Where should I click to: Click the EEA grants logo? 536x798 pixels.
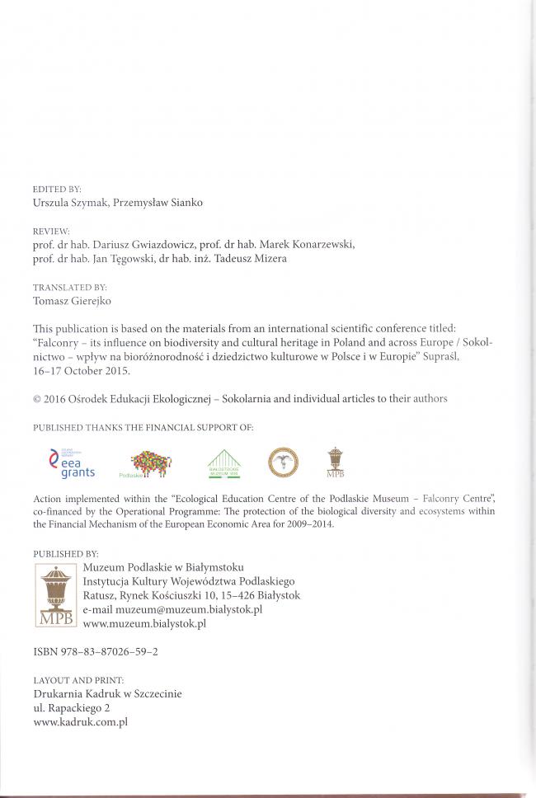point(73,463)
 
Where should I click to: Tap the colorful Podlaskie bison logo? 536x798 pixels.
point(150,464)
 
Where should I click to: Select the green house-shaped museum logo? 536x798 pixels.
point(223,463)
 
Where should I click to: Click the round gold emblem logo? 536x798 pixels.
point(283,462)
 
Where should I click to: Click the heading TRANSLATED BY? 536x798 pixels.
point(69,288)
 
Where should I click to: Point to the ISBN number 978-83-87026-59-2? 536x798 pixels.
point(111,651)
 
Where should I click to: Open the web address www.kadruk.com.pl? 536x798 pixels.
point(80,722)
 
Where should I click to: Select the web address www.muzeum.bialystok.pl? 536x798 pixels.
point(144,624)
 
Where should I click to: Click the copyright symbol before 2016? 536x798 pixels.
point(37,399)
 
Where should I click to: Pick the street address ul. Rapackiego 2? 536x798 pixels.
point(72,708)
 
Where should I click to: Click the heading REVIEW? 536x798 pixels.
point(51,232)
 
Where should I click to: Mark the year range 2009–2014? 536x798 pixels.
point(304,525)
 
